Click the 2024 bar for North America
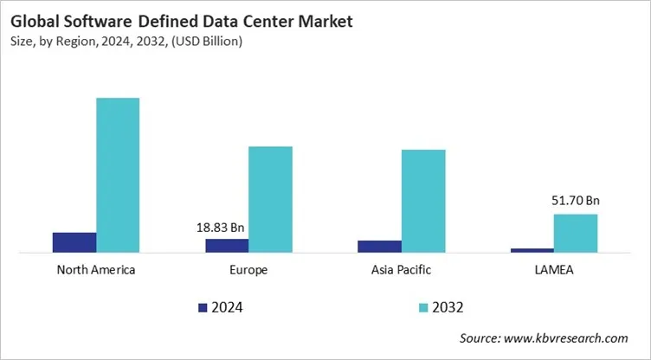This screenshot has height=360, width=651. [74, 243]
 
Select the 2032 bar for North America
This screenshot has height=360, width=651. [118, 176]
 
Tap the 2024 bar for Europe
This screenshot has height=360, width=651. [227, 246]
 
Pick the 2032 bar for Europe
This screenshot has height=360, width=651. [270, 200]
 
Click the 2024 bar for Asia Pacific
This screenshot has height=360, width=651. [379, 247]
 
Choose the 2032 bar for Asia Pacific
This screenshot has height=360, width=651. [423, 202]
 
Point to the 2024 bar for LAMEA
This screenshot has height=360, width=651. [532, 250]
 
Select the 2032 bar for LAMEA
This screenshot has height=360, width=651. [576, 234]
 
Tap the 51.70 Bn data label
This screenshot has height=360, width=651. [576, 201]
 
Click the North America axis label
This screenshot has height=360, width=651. [96, 270]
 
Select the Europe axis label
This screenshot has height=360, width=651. [248, 270]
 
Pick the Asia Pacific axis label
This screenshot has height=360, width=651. [401, 270]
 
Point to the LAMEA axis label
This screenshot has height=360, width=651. [554, 270]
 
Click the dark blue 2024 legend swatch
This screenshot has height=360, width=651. [203, 307]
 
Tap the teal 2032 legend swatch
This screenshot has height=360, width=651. [423, 307]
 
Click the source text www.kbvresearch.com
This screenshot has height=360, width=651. [567, 338]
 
